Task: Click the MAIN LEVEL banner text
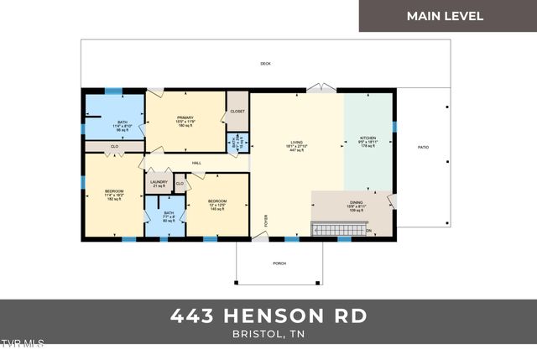coord(445,16)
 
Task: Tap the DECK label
coord(265,64)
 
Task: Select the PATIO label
coord(423,148)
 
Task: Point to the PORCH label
coord(279,263)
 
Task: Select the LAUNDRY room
coord(159,184)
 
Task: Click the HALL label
coord(196,163)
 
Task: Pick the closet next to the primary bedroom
coord(237,111)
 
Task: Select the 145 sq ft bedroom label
coord(217,204)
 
